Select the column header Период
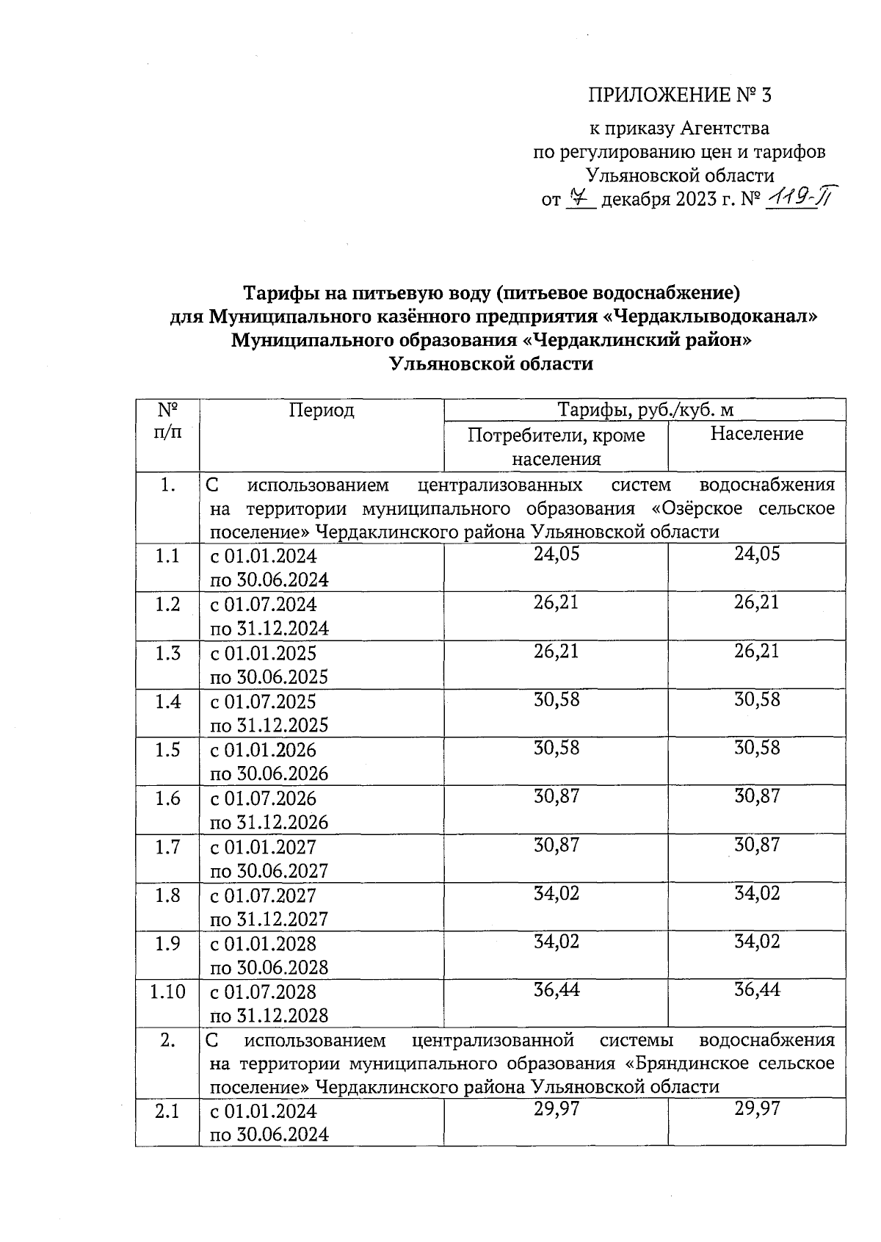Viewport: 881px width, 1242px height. point(322,410)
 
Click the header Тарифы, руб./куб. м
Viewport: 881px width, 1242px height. point(645,410)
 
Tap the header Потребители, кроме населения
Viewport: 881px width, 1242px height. point(556,447)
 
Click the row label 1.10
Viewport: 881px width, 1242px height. point(167,992)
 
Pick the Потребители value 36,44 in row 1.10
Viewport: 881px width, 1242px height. point(556,990)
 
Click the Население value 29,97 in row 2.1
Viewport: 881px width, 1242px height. point(757,1109)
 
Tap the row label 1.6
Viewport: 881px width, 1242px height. point(167,798)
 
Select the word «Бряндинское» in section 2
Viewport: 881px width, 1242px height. point(693,1064)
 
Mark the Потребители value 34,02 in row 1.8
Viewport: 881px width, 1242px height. point(556,893)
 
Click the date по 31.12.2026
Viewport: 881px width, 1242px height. point(269,822)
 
